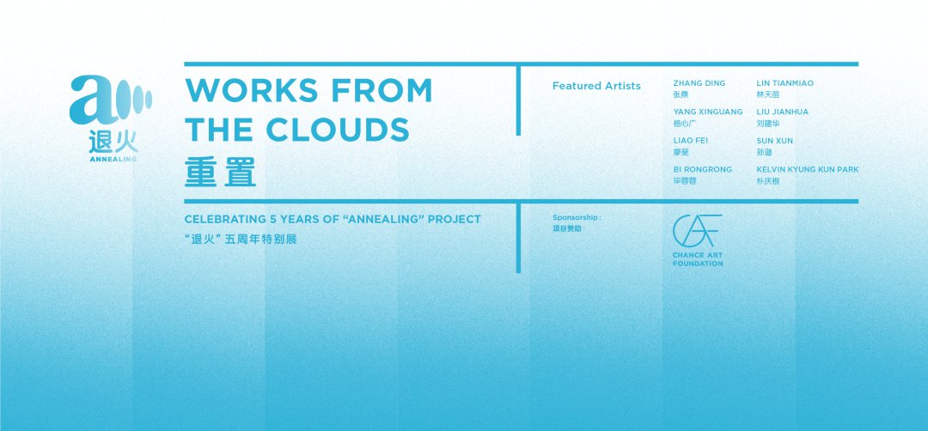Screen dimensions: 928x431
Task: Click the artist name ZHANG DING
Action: coord(699,83)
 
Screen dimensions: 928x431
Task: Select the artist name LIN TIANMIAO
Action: coord(785,83)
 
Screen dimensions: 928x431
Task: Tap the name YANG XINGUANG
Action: coord(708,112)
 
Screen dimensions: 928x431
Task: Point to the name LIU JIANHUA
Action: coord(783,112)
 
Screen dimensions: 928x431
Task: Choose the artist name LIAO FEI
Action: coord(690,141)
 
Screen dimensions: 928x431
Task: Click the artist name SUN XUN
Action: coord(775,141)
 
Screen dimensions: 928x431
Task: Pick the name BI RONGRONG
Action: coord(703,169)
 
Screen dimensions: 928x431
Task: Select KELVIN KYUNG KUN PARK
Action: coord(807,169)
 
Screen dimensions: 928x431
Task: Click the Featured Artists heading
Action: coord(596,86)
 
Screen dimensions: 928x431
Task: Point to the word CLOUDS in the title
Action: coord(338,130)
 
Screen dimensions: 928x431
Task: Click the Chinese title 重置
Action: coord(220,172)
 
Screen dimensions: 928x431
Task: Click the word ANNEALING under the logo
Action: coord(113,159)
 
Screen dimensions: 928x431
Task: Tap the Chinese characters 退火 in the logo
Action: coord(113,142)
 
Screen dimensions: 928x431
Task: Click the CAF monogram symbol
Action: coord(697,231)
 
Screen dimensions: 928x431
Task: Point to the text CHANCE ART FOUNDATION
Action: coord(697,259)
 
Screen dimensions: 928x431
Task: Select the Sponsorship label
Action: coord(577,217)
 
